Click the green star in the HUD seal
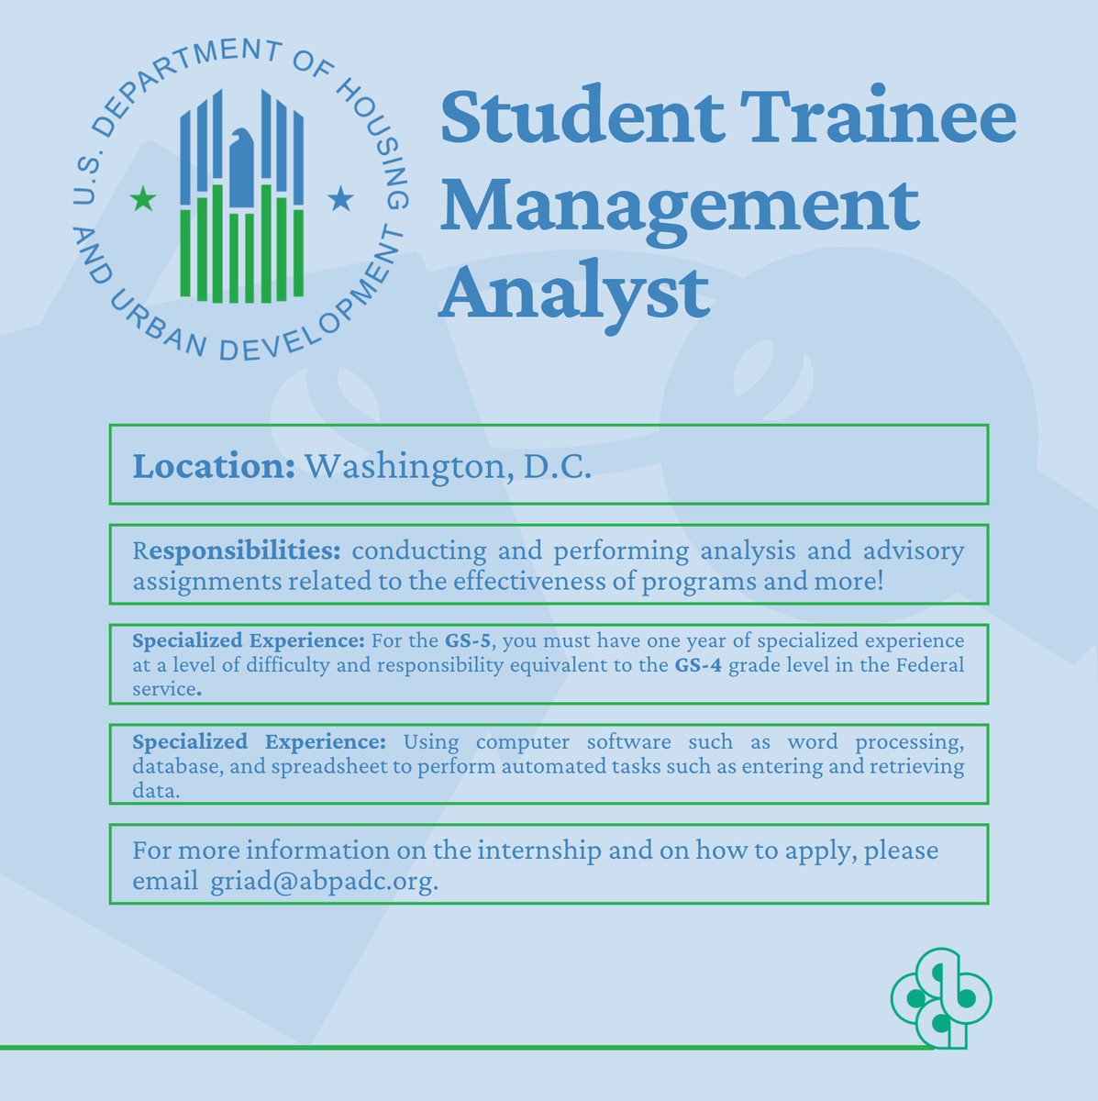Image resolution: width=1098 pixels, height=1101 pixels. (x=143, y=198)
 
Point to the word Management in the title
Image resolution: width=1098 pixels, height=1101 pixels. (x=680, y=206)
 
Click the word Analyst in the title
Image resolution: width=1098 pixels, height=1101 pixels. (x=575, y=292)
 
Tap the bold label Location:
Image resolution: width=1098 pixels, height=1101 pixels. (x=214, y=466)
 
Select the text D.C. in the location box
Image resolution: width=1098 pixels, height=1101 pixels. (x=557, y=466)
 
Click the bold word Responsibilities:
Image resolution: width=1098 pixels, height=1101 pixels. (x=237, y=551)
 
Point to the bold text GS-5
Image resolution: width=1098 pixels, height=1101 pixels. (x=468, y=639)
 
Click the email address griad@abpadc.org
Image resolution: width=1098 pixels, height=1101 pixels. (x=324, y=882)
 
